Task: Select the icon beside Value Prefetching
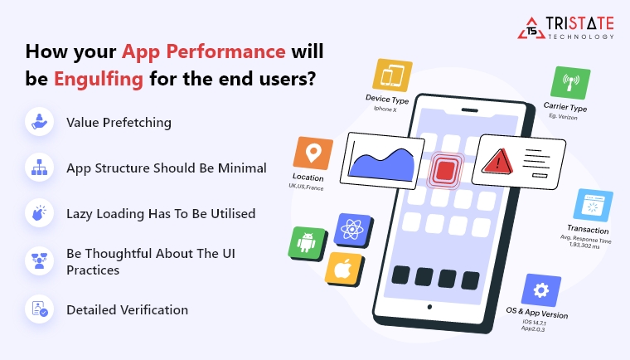(x=38, y=122)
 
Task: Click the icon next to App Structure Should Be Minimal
(x=38, y=168)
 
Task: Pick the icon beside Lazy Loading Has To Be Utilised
(x=38, y=213)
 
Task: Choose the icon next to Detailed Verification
(x=38, y=309)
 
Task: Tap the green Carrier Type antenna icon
(x=570, y=84)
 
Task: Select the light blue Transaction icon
(x=593, y=206)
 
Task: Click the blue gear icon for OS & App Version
(x=540, y=290)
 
